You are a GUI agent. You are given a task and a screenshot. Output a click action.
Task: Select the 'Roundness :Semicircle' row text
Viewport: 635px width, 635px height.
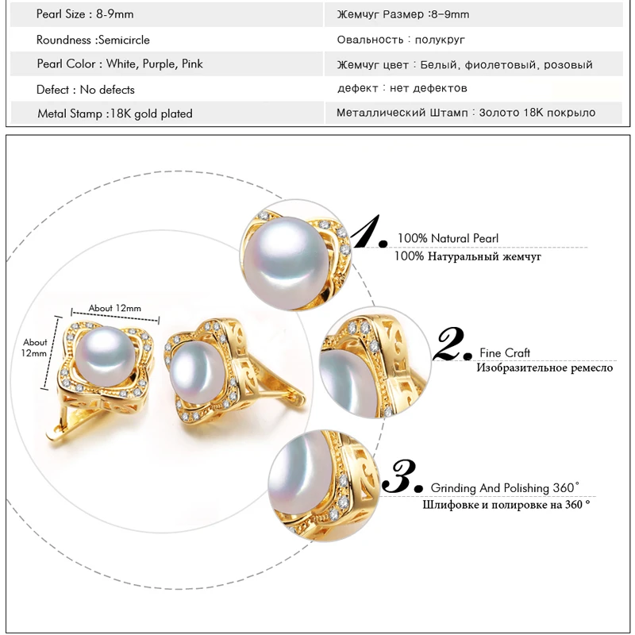point(93,40)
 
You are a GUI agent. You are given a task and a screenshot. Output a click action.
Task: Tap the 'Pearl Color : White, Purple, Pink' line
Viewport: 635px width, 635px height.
point(120,63)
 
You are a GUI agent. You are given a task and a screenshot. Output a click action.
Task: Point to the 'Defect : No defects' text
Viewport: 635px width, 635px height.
point(86,90)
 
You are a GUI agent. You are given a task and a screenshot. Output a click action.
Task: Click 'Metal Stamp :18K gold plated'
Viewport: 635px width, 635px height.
point(115,114)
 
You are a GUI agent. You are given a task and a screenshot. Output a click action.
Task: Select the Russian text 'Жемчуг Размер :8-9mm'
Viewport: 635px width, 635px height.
point(402,14)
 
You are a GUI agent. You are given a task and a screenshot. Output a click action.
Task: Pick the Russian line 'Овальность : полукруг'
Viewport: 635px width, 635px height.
point(401,40)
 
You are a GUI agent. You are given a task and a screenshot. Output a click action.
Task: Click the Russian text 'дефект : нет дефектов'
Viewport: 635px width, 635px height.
point(402,88)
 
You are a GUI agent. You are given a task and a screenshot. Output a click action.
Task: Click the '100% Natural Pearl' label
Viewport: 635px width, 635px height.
point(448,238)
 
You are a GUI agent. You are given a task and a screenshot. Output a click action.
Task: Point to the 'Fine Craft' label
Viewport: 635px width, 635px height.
point(505,352)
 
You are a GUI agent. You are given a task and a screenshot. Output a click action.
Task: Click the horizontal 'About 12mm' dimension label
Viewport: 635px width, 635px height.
point(114,308)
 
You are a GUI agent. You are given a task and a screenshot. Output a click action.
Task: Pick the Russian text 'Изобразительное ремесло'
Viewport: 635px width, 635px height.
point(544,368)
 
